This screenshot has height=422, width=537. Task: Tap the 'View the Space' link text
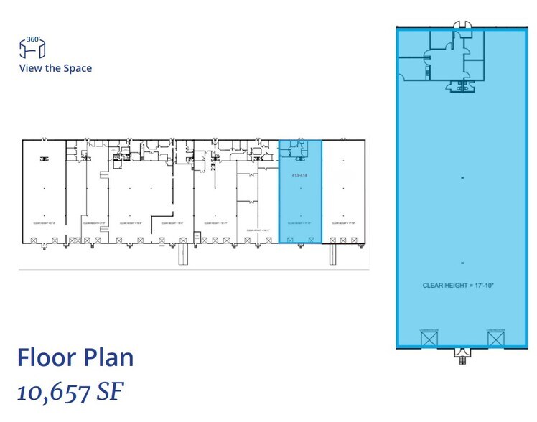point(55,69)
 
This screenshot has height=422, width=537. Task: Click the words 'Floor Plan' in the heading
point(75,357)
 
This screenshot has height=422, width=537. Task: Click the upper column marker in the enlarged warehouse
point(463,177)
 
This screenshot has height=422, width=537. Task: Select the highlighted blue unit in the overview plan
point(300,201)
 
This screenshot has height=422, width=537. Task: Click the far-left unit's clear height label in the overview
point(44,223)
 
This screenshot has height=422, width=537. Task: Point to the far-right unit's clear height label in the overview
point(343,223)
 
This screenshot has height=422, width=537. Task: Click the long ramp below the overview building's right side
point(332,254)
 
